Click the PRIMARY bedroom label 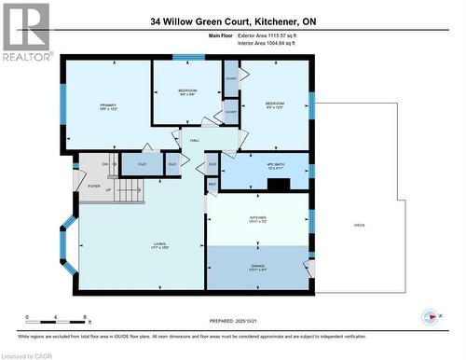pyautogui.click(x=108, y=107)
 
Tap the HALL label pyautogui.click(x=195, y=141)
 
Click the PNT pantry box pyautogui.click(x=212, y=186)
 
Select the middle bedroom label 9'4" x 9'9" pyautogui.click(x=186, y=93)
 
